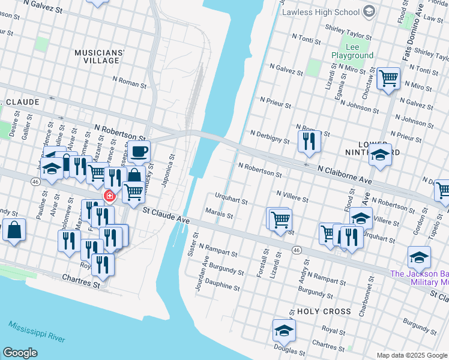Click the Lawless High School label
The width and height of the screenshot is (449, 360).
tap(321, 11)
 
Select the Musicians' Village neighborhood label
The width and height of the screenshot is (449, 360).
tap(100, 56)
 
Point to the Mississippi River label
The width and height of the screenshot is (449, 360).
tap(37, 331)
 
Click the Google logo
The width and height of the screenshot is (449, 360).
tap(20, 353)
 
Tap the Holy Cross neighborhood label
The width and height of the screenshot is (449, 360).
tap(324, 311)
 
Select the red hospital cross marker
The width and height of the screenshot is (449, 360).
tap(109, 196)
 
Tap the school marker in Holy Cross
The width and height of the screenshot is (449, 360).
tap(284, 329)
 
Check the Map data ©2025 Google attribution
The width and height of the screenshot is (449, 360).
tap(412, 355)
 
